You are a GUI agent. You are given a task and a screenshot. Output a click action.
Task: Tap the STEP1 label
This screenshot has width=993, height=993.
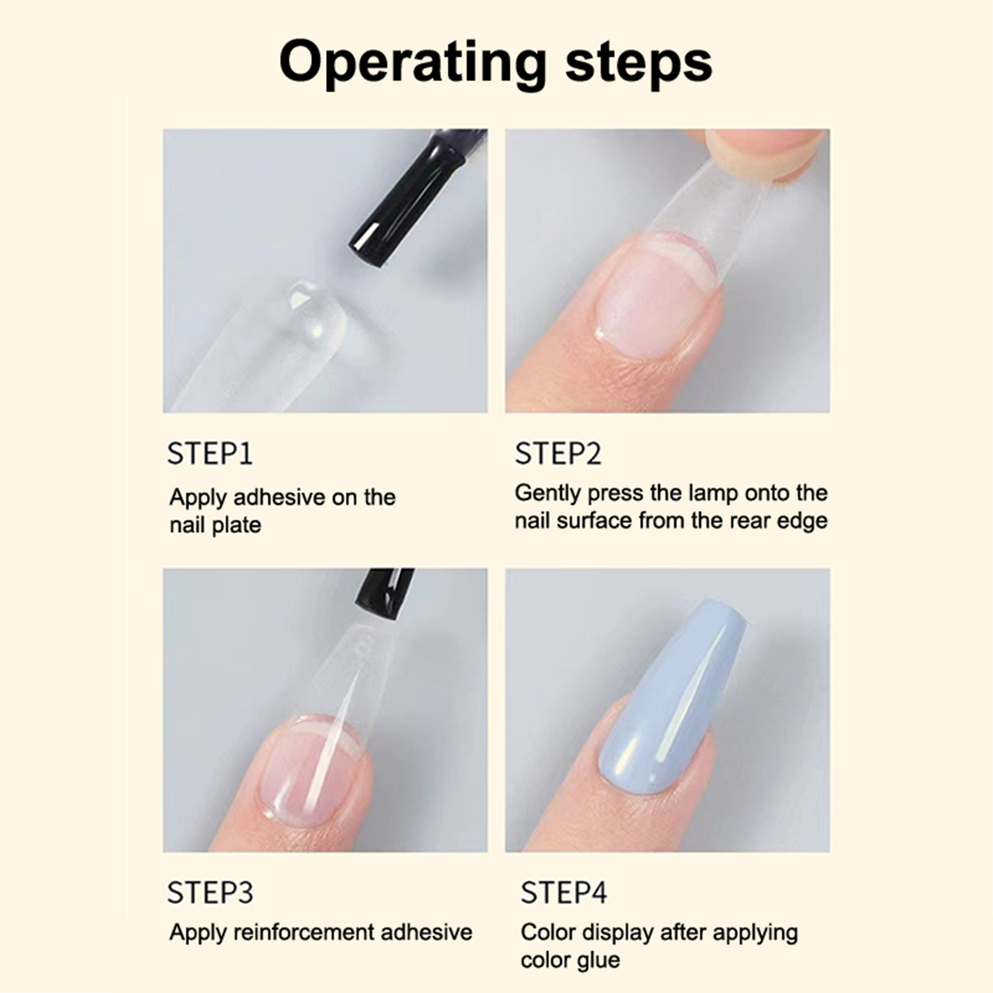210,454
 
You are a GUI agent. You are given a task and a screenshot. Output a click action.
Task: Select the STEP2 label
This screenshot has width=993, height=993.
558,454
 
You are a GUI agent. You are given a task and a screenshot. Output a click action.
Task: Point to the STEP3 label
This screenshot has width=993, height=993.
210,892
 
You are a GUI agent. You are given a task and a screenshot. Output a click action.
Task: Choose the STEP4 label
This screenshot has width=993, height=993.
564,892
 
